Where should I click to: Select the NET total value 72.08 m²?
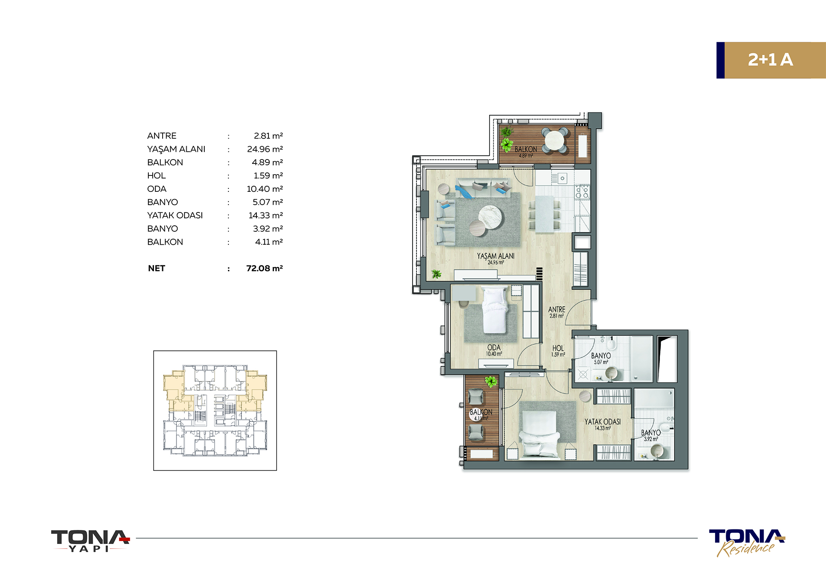[x=265, y=268]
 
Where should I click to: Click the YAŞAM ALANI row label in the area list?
[x=176, y=149]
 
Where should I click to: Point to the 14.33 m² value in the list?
[x=266, y=215]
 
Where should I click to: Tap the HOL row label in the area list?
[x=157, y=175]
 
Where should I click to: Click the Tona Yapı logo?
[x=90, y=541]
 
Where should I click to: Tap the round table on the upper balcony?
[x=555, y=140]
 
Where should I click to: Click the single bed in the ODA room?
[x=495, y=310]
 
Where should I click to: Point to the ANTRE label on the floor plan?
[x=557, y=310]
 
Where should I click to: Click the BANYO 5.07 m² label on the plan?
[x=601, y=359]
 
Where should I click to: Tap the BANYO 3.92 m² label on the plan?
[x=651, y=435]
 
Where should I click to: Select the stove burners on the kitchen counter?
[x=582, y=192]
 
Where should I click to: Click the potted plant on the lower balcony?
[x=490, y=381]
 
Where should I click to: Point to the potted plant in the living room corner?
[x=437, y=274]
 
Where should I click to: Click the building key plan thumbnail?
[x=215, y=410]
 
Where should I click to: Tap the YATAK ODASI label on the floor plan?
[x=602, y=422]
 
